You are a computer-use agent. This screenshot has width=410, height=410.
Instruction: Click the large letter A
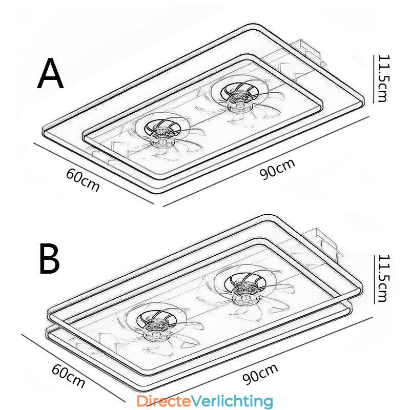(50, 73)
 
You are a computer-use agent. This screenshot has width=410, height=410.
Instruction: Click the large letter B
(50, 258)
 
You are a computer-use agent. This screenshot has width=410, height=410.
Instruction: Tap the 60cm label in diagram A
(83, 180)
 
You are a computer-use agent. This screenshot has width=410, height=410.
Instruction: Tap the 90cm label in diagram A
(277, 169)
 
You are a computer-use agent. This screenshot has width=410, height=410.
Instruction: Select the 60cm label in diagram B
(69, 376)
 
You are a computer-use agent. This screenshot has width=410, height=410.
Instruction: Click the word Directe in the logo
(164, 401)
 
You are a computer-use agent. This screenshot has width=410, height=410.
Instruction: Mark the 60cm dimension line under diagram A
(93, 173)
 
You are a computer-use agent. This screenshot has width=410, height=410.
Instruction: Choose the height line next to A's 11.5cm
(373, 78)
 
